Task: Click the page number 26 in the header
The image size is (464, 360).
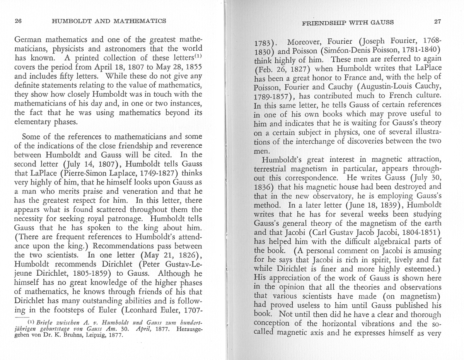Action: coord(18,21)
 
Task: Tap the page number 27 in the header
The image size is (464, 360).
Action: coord(438,22)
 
